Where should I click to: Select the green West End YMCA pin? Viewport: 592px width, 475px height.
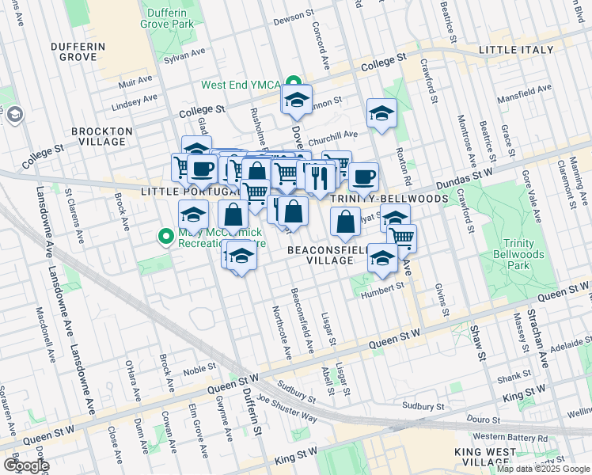tap(293, 84)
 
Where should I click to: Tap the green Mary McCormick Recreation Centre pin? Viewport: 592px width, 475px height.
tap(165, 236)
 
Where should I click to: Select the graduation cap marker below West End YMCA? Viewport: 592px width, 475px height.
tap(297, 101)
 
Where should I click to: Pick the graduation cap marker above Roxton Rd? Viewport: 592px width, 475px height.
tap(381, 113)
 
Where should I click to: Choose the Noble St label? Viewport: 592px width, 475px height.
tap(199, 367)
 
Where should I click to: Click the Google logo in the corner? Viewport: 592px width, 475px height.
tap(26, 465)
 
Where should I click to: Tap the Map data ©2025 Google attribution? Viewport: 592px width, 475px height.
tap(543, 469)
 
